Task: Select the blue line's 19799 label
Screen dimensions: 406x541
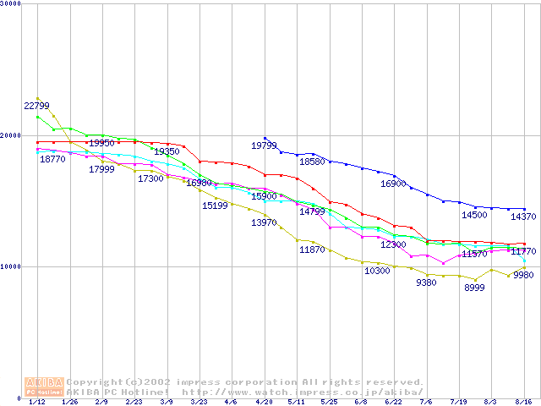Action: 264,146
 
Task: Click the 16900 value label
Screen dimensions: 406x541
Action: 393,184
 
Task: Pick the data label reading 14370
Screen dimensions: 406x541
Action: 523,217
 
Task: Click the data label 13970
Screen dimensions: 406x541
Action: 264,222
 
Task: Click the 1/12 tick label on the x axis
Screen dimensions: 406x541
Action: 37,403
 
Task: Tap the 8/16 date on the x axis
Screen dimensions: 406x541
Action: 524,403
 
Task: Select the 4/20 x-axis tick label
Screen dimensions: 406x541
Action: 265,403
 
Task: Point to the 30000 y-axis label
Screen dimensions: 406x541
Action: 11,4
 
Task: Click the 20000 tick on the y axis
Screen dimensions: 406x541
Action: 11,135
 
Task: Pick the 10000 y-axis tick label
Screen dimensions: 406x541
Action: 11,266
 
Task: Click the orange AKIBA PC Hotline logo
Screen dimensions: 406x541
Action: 44,387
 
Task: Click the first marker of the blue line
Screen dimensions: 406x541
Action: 265,138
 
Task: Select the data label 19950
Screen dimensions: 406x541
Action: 101,144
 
